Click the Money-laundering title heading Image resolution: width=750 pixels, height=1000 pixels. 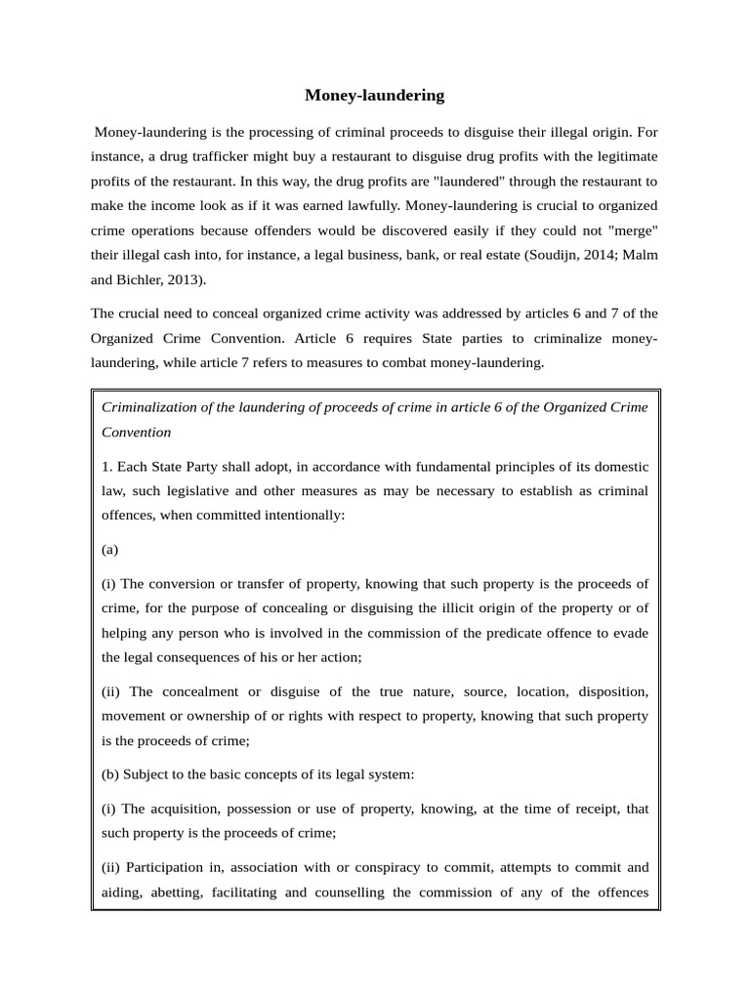(x=374, y=95)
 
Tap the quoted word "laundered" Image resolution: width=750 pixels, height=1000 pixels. (x=473, y=181)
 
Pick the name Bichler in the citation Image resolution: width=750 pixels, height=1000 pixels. (x=143, y=280)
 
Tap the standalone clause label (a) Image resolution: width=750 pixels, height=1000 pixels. (x=109, y=549)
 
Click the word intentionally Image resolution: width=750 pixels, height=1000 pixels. (x=299, y=515)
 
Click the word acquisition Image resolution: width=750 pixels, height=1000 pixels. (x=185, y=809)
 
